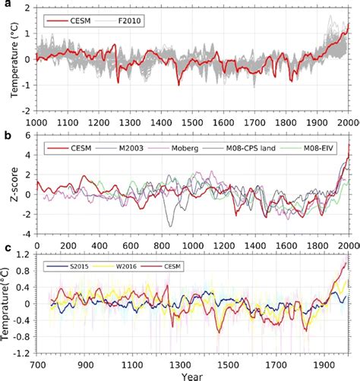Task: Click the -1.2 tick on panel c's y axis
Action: [26, 354]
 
